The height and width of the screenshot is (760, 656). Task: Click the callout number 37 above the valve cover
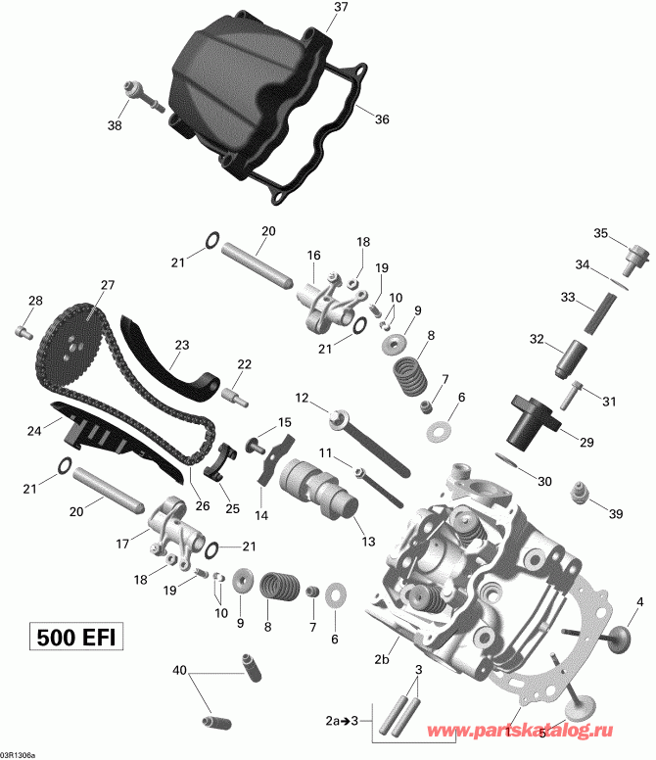tap(341, 8)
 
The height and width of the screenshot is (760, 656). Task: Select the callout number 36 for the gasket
tap(382, 119)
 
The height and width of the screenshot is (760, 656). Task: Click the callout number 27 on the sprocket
tap(107, 286)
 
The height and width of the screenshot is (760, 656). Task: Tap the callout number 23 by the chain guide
tap(181, 344)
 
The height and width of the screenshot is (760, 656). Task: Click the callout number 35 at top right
tap(601, 232)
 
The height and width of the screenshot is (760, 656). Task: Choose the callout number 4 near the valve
tap(639, 600)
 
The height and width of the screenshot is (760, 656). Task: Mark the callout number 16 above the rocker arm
tap(313, 255)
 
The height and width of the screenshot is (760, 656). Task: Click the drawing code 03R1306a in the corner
tap(22, 753)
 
